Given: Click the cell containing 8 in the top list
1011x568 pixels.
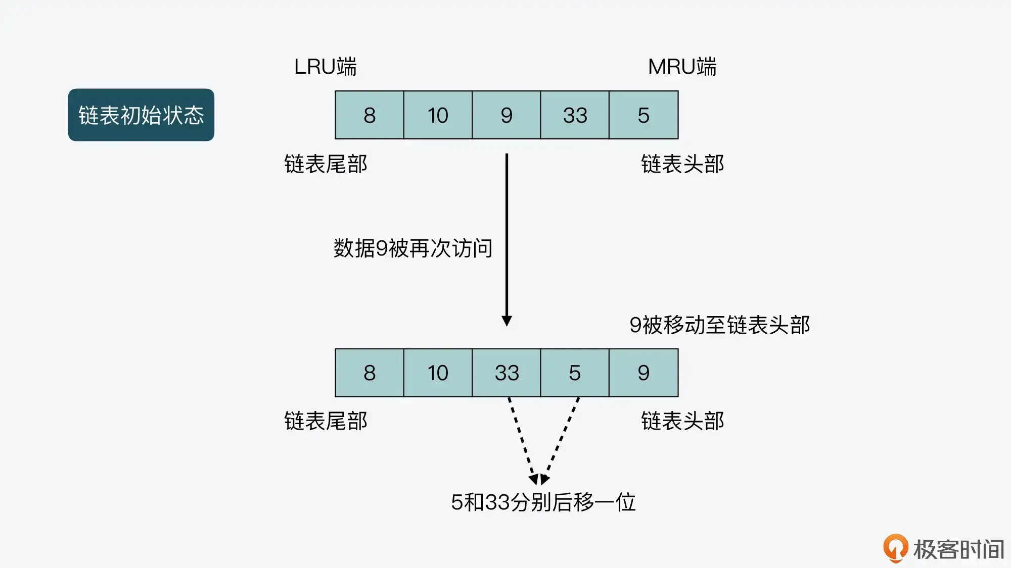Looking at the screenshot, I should (370, 115).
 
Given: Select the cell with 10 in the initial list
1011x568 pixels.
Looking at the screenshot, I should (438, 115).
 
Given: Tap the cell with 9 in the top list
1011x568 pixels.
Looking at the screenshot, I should (507, 115).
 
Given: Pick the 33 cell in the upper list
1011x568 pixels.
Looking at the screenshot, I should (575, 115).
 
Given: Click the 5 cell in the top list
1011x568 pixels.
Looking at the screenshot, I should (644, 115).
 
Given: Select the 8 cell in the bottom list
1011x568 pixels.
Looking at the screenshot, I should (370, 373).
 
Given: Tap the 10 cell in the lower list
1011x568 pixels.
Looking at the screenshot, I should (438, 373).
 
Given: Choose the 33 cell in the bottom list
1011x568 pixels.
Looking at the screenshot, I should (507, 373).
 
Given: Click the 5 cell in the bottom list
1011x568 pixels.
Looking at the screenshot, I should (575, 373).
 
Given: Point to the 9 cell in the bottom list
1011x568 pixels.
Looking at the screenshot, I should (644, 373).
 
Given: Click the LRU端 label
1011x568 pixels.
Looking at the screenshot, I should (326, 67).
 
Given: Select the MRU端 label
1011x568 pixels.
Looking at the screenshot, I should (682, 67).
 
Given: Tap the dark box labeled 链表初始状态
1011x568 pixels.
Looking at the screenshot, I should (141, 115).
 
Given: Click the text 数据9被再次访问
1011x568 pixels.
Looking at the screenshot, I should (412, 248).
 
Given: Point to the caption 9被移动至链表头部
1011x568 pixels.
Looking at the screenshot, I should (719, 325).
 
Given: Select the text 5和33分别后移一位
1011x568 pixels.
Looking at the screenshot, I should (543, 502).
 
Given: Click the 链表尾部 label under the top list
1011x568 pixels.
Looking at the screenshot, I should (326, 164).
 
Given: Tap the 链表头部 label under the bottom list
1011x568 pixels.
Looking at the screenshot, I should (682, 421).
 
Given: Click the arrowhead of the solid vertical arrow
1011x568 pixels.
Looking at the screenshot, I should (507, 321).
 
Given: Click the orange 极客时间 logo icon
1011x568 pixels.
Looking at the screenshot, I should (895, 548).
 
